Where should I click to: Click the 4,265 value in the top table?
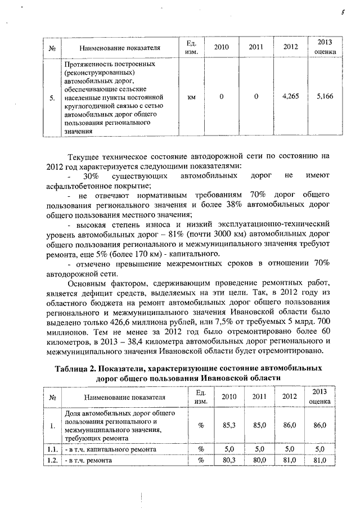(290, 97)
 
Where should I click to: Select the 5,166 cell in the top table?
(325, 97)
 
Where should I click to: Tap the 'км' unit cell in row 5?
(191, 97)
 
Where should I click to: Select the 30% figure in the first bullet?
(91, 176)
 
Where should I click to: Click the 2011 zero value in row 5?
(256, 97)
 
